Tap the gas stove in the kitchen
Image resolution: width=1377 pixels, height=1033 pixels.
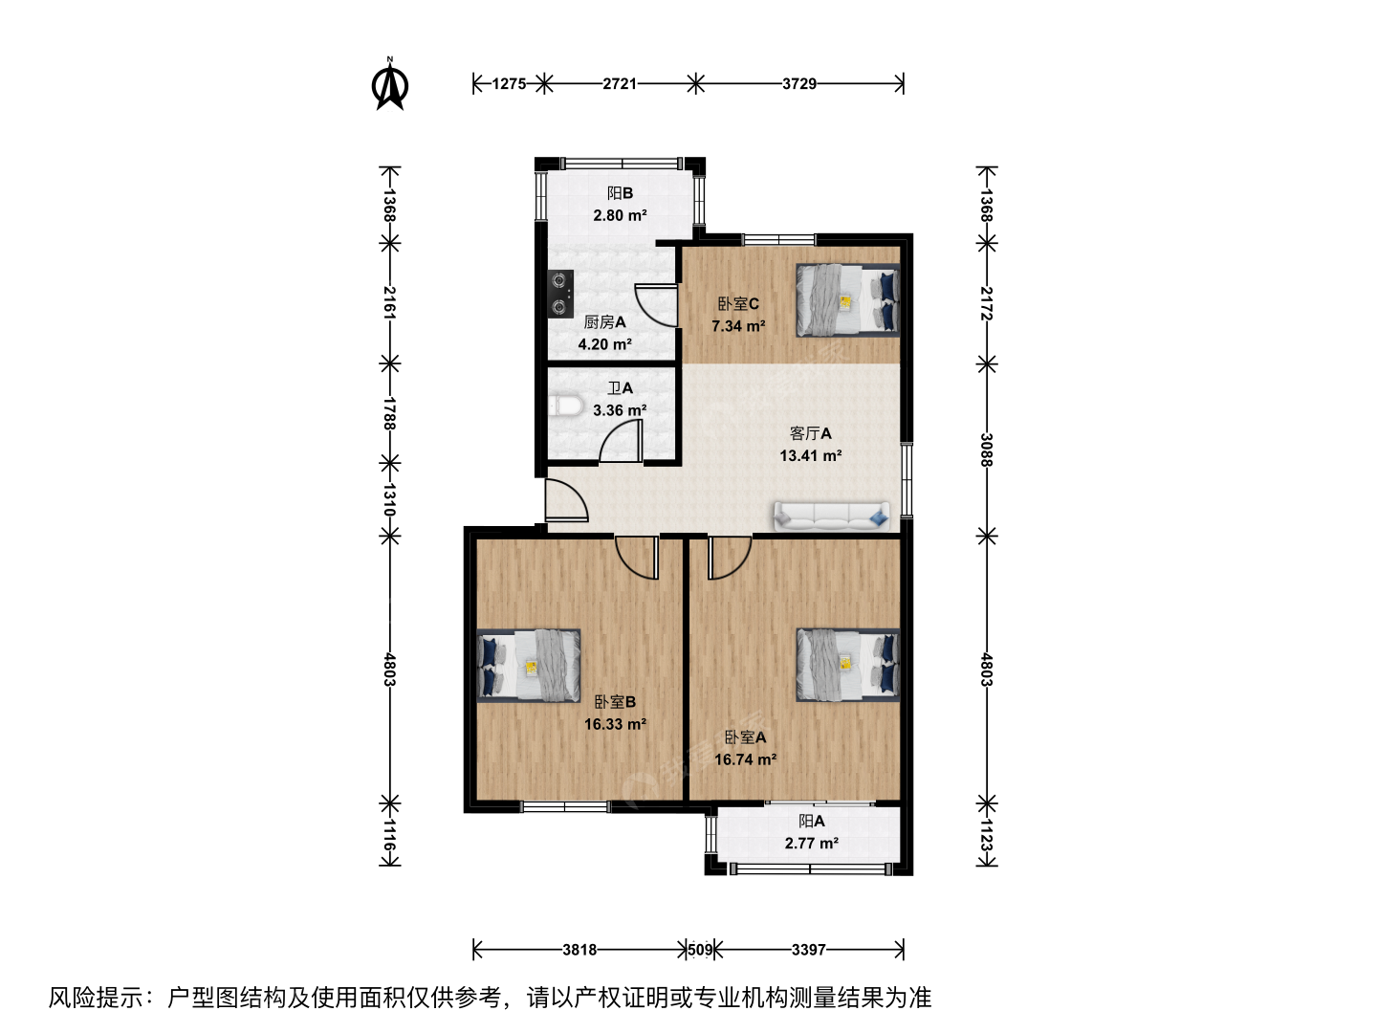[559, 294]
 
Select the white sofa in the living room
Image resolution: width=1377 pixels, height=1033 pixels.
[832, 516]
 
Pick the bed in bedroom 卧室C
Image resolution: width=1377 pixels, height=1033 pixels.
[847, 300]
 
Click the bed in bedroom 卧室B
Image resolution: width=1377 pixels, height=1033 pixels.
[528, 665]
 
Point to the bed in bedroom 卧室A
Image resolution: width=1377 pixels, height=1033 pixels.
[847, 665]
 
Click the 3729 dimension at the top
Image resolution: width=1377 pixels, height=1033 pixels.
[798, 83]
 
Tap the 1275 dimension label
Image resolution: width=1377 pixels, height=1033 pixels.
[509, 83]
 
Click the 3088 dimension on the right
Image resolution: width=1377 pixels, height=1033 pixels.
[986, 450]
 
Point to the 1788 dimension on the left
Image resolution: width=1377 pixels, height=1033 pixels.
[389, 413]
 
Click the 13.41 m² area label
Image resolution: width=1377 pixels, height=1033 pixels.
[811, 456]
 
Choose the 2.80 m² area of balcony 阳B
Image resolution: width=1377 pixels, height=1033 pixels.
[620, 216]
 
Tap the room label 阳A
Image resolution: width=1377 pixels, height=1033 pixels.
[812, 821]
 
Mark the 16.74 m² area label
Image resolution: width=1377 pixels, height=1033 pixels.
[745, 759]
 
